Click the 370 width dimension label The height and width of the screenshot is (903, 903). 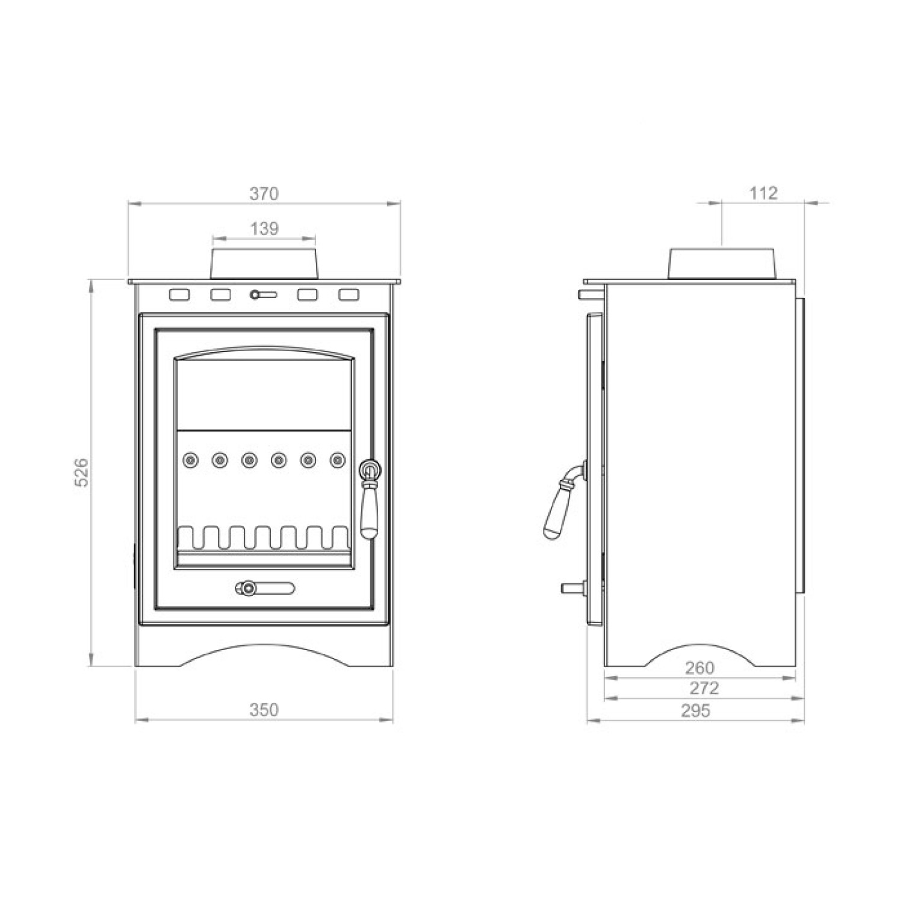(264, 194)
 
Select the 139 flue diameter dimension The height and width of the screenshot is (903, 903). (264, 229)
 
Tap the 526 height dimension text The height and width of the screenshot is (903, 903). (82, 473)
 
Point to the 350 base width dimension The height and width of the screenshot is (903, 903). (264, 710)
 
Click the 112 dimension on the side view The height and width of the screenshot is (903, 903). (763, 193)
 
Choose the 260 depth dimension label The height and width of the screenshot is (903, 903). (700, 668)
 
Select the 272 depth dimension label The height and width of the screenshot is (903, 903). (704, 688)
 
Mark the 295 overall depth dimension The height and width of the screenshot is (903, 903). (695, 711)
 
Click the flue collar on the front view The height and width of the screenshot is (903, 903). (264, 262)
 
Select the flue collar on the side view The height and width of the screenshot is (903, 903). (721, 262)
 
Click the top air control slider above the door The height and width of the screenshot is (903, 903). (263, 295)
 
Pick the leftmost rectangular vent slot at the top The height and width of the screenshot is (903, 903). (179, 295)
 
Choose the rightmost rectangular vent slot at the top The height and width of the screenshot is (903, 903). (349, 295)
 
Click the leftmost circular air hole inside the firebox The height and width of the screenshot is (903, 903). (190, 461)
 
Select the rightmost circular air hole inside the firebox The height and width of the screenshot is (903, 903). (338, 461)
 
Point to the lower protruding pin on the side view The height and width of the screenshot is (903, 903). (573, 588)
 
